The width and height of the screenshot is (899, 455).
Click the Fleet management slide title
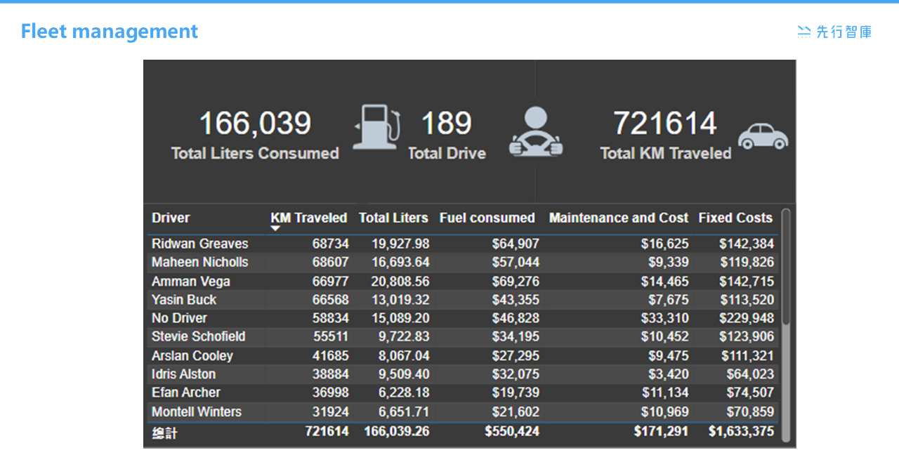[x=110, y=32]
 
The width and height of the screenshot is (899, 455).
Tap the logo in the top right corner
[x=834, y=32]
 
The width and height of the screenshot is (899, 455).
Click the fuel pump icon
[x=377, y=127]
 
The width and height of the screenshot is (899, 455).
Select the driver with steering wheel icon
[x=536, y=132]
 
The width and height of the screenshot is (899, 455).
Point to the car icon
[x=763, y=136]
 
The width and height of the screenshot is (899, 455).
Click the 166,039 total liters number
[x=255, y=124]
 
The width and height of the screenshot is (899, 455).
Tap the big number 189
[x=446, y=124]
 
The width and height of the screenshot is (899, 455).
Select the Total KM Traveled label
[x=665, y=154]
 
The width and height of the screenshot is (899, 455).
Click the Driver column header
[x=171, y=218]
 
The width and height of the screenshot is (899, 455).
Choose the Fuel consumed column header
[x=487, y=218]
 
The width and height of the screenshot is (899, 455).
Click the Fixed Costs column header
[x=735, y=218]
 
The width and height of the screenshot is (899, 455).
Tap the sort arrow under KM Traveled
[x=276, y=228]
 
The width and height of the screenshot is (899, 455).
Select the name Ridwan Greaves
[x=200, y=244]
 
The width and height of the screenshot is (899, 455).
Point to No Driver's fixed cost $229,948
[x=746, y=318]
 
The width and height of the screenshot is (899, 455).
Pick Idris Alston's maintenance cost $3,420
[x=667, y=374]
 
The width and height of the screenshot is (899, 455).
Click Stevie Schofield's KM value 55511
[x=330, y=336]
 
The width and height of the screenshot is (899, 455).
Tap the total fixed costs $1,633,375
[x=741, y=431]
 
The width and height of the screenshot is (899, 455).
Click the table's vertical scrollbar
[x=785, y=267]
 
